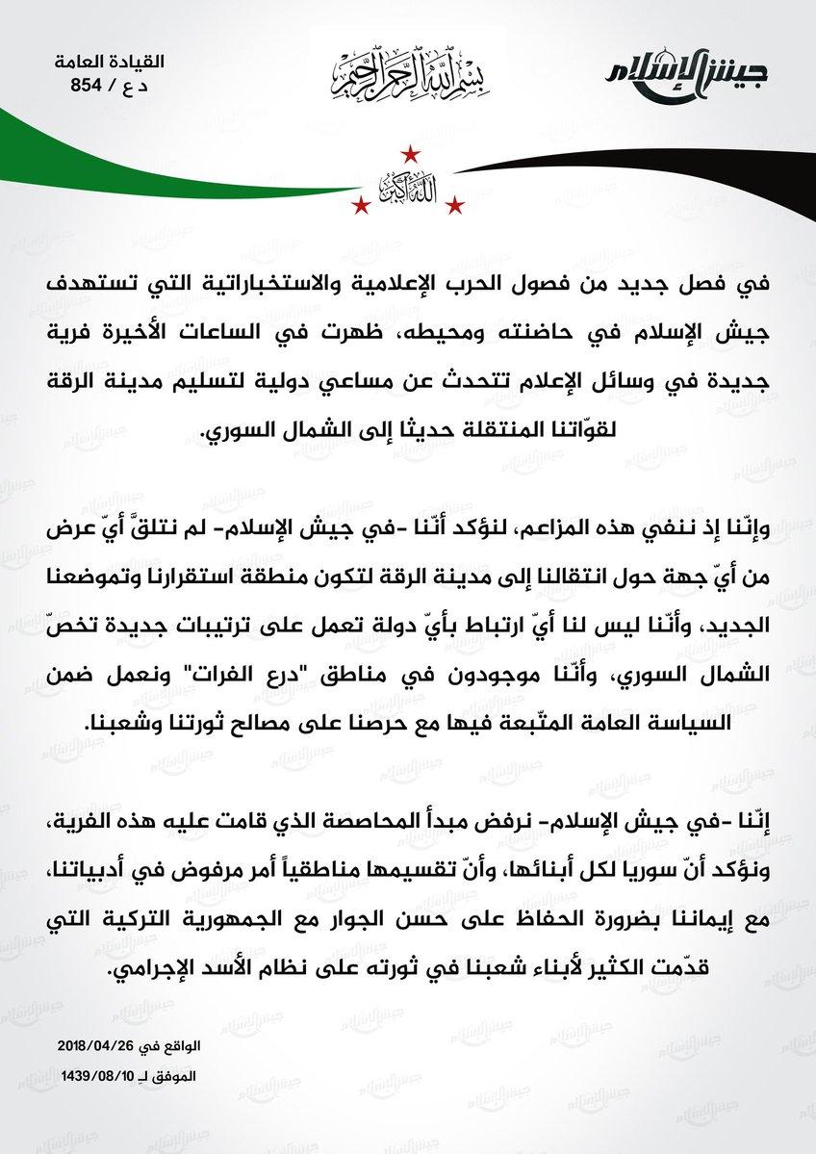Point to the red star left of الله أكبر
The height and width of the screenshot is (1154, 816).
tap(361, 205)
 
